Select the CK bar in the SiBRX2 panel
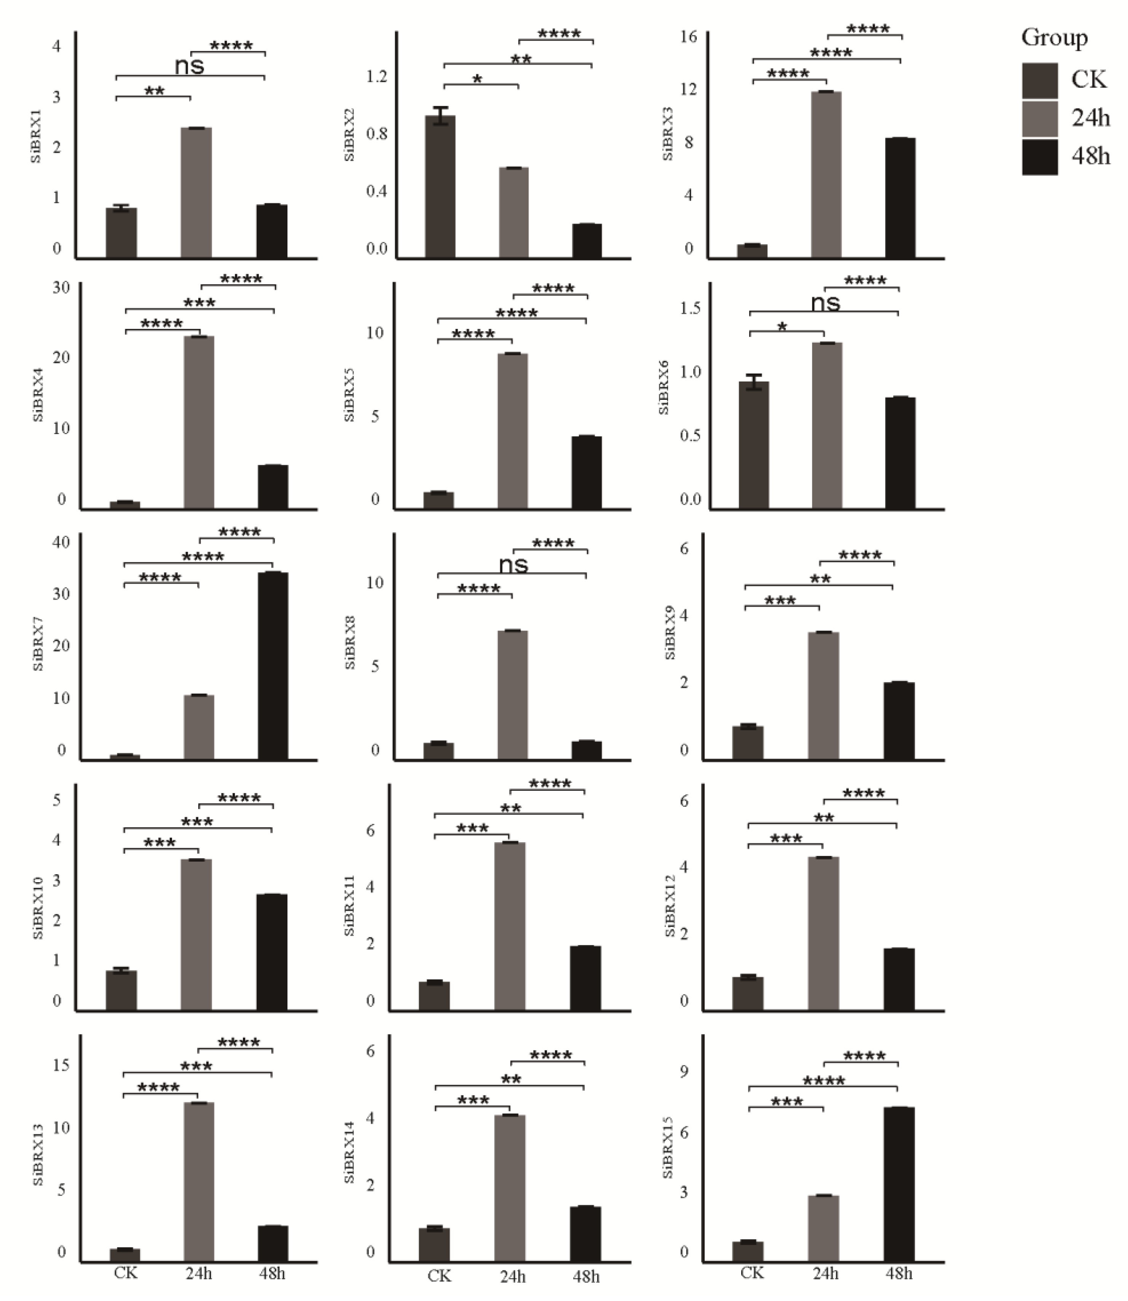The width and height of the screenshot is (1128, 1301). [440, 187]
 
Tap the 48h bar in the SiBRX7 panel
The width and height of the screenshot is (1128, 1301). [273, 666]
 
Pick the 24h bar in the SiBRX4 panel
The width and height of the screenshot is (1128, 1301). [199, 422]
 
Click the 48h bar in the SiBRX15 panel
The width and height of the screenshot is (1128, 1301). [899, 1184]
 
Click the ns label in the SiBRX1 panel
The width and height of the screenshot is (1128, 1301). [190, 65]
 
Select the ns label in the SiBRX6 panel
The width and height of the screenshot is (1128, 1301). [825, 303]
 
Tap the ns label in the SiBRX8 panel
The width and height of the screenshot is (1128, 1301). [513, 564]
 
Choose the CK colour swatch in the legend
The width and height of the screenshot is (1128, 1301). [1039, 81]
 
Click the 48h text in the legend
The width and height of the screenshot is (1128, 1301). [1090, 155]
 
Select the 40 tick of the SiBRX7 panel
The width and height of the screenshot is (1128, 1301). [62, 542]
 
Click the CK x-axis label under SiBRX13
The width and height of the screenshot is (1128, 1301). [125, 1273]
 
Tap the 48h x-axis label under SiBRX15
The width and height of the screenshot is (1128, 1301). [899, 1273]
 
